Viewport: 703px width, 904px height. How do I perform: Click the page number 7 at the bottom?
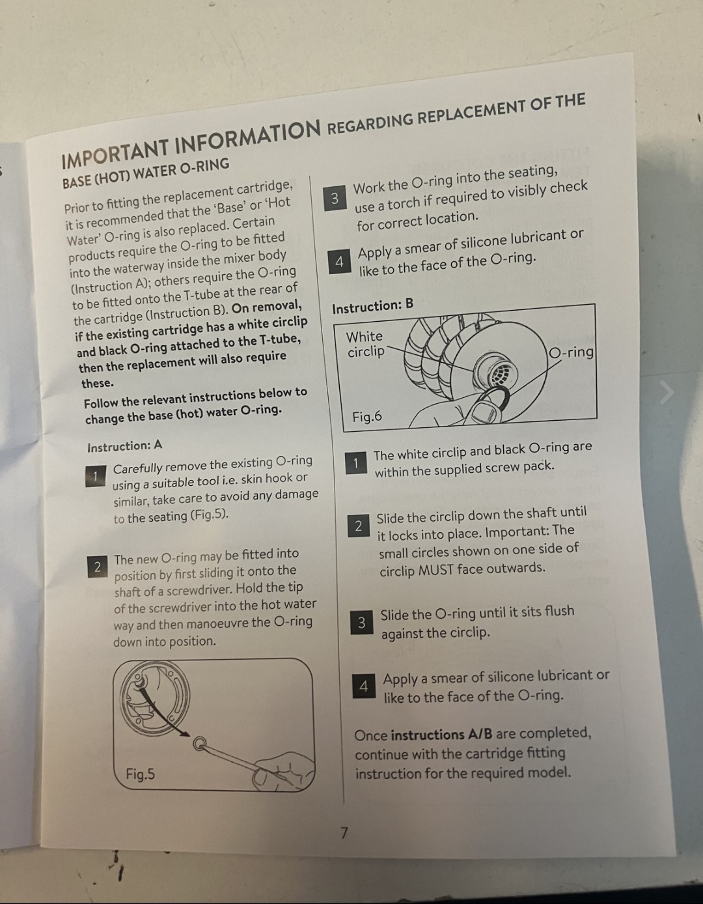(344, 833)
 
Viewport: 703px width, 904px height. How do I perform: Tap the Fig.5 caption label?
(141, 774)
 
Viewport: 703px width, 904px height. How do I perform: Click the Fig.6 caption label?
(367, 416)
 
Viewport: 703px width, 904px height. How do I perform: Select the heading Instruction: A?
(125, 446)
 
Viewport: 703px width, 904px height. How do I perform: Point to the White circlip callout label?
(365, 344)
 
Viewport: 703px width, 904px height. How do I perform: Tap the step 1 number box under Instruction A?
(95, 476)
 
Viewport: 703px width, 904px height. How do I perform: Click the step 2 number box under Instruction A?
(98, 567)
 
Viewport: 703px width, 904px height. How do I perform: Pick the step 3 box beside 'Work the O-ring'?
(335, 199)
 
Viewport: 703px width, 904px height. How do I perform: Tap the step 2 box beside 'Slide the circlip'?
(359, 526)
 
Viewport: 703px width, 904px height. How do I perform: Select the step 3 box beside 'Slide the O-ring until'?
(362, 623)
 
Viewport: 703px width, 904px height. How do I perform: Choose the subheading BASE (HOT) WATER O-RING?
(146, 173)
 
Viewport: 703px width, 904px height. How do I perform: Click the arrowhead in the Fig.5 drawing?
(184, 734)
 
